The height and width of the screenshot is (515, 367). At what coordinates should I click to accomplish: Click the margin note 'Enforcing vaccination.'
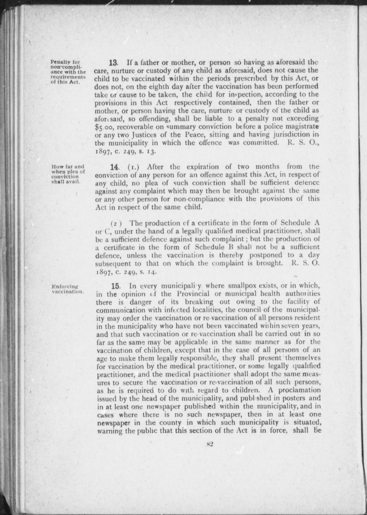[x=67, y=289]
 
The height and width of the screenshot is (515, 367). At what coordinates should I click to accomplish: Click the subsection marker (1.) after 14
[x=134, y=167]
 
